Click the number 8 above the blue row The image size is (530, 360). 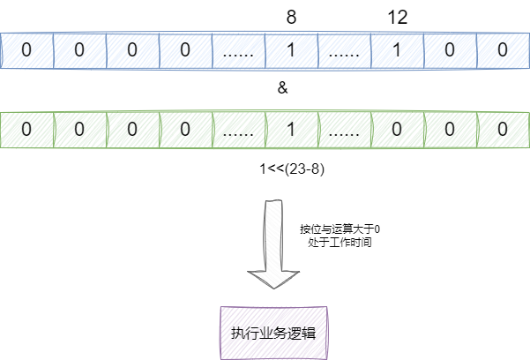point(292,17)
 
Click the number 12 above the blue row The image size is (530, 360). point(398,17)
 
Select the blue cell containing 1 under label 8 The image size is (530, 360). point(291,50)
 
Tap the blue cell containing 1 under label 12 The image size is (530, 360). point(397,50)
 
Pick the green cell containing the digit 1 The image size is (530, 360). point(291,129)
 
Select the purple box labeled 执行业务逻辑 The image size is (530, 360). point(272,333)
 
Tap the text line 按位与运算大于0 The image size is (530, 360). point(340,229)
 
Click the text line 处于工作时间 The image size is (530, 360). point(335,241)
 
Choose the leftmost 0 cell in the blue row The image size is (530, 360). point(26,50)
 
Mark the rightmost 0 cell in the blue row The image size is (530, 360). point(503,50)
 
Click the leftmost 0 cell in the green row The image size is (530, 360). point(26,129)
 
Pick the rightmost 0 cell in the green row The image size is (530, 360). point(503,129)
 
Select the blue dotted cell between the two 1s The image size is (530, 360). point(344,50)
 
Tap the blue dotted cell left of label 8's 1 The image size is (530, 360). point(238,50)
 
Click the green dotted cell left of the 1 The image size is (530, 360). point(238,129)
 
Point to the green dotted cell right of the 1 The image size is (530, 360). point(344,129)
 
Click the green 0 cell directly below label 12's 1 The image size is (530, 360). point(397,129)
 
